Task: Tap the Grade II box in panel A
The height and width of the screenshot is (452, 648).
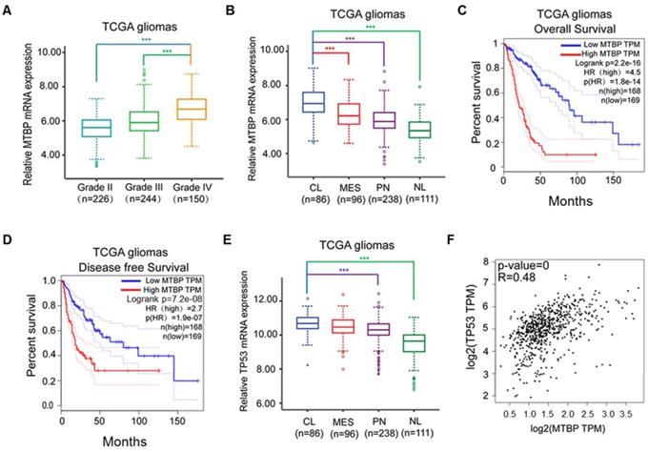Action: (x=70, y=128)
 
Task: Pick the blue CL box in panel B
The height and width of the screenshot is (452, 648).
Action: (x=312, y=102)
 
